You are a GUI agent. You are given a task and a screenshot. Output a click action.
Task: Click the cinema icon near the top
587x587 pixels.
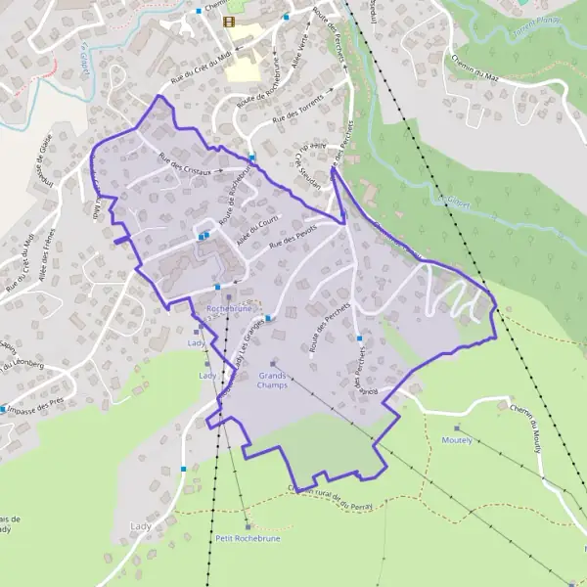(228, 21)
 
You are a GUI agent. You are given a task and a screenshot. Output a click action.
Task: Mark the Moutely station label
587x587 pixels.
(456, 440)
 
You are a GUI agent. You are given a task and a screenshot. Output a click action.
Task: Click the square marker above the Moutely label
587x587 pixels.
(456, 429)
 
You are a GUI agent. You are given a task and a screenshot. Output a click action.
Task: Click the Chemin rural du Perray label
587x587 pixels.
(333, 494)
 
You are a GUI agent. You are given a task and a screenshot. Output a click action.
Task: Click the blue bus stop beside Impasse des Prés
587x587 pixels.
(4, 409)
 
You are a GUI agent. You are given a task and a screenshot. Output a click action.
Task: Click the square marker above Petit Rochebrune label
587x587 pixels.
(248, 526)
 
